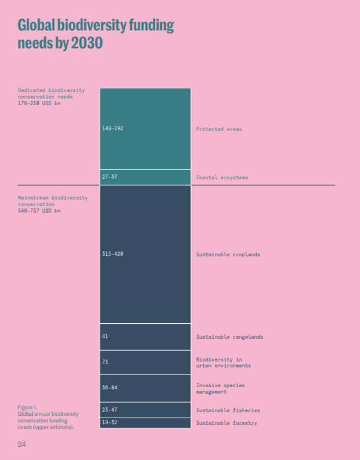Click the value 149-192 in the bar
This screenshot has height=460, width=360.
point(113,128)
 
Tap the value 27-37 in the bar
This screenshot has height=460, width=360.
point(110,177)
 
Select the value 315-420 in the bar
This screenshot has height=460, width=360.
point(113,254)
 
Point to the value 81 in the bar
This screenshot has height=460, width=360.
point(105,336)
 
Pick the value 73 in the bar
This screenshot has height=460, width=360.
point(105,362)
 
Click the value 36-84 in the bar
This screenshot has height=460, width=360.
point(109,388)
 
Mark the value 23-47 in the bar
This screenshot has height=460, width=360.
point(110,410)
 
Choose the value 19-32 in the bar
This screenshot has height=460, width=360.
point(110,423)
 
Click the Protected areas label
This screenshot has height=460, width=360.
point(219,129)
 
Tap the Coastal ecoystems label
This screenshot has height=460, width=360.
point(222,177)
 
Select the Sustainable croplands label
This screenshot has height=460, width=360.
point(228,254)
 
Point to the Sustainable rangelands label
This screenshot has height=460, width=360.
point(230,337)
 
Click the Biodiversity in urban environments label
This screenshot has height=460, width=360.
point(223,363)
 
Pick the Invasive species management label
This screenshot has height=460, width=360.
point(220,388)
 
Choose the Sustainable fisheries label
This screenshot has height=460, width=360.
point(228,410)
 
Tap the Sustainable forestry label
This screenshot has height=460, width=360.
point(227,423)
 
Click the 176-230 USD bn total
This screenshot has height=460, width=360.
point(39,103)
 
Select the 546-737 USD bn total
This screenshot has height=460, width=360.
point(39,210)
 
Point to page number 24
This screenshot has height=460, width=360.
point(21,444)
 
